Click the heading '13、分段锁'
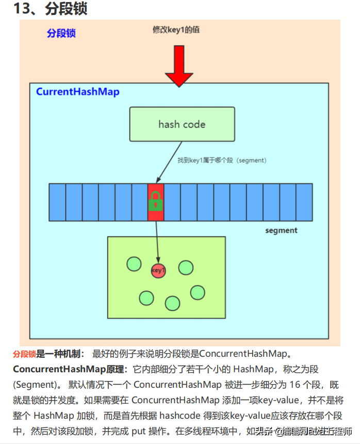click(51, 9)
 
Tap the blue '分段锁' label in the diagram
click(61, 33)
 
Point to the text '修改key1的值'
click(176, 30)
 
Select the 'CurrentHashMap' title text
click(77, 92)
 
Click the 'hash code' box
click(182, 124)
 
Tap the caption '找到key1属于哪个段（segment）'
click(221, 161)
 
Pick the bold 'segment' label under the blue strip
click(281, 230)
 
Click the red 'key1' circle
click(158, 270)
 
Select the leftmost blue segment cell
click(57, 202)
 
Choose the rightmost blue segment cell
click(304, 202)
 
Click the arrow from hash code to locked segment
click(166, 163)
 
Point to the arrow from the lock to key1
click(157, 241)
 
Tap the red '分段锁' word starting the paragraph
click(24, 354)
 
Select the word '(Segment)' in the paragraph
click(34, 385)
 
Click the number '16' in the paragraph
click(308, 385)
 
